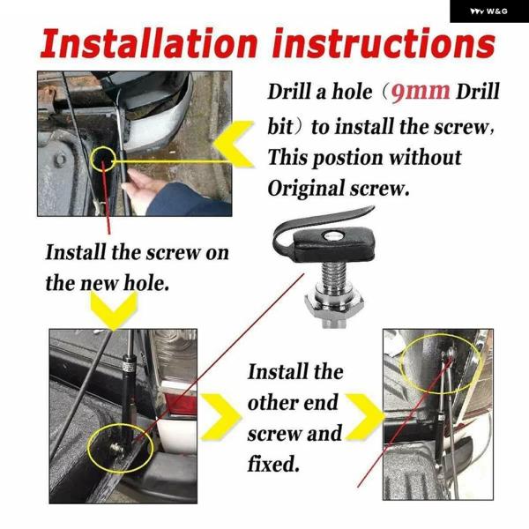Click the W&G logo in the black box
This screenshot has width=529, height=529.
pyautogui.click(x=489, y=11)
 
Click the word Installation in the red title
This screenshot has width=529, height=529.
pyautogui.click(x=149, y=43)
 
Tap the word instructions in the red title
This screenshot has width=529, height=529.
pyautogui.click(x=384, y=43)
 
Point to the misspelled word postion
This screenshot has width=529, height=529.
pyautogui.click(x=347, y=158)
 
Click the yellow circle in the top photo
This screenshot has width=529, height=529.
pyautogui.click(x=103, y=159)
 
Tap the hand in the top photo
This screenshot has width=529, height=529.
pyautogui.click(x=138, y=189)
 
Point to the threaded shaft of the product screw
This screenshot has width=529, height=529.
pyautogui.click(x=334, y=274)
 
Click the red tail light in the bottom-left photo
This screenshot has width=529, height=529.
pyautogui.click(x=180, y=403)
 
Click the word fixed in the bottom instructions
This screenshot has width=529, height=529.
pyautogui.click(x=273, y=464)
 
